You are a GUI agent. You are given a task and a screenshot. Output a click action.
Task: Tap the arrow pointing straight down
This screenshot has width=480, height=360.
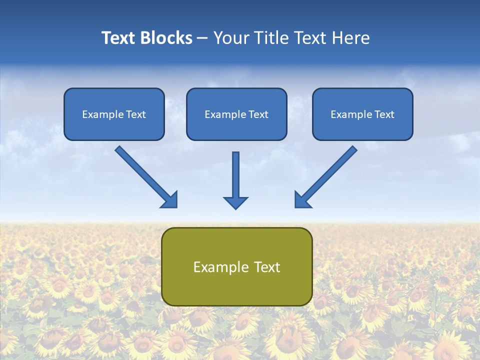click(235, 177)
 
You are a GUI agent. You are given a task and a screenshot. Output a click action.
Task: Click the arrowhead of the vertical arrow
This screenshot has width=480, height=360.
click(235, 202)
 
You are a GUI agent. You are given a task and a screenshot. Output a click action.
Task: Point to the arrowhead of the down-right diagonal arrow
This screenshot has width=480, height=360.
click(170, 200)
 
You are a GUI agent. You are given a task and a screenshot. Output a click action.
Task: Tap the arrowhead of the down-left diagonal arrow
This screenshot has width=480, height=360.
click(301, 200)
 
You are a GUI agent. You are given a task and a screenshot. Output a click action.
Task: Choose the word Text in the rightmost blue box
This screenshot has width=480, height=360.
click(384, 114)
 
